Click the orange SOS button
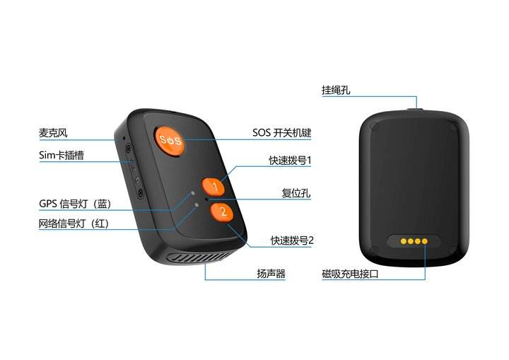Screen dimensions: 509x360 click(x=170, y=139)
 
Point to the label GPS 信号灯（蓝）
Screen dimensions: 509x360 click(x=74, y=204)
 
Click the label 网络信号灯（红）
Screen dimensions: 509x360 click(x=74, y=225)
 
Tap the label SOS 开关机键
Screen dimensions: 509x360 click(x=282, y=132)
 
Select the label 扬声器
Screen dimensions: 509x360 click(x=271, y=273)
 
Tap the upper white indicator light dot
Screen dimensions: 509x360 click(x=192, y=192)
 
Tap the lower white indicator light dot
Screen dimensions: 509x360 click(x=197, y=205)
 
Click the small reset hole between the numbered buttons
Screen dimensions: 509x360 click(x=206, y=199)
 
